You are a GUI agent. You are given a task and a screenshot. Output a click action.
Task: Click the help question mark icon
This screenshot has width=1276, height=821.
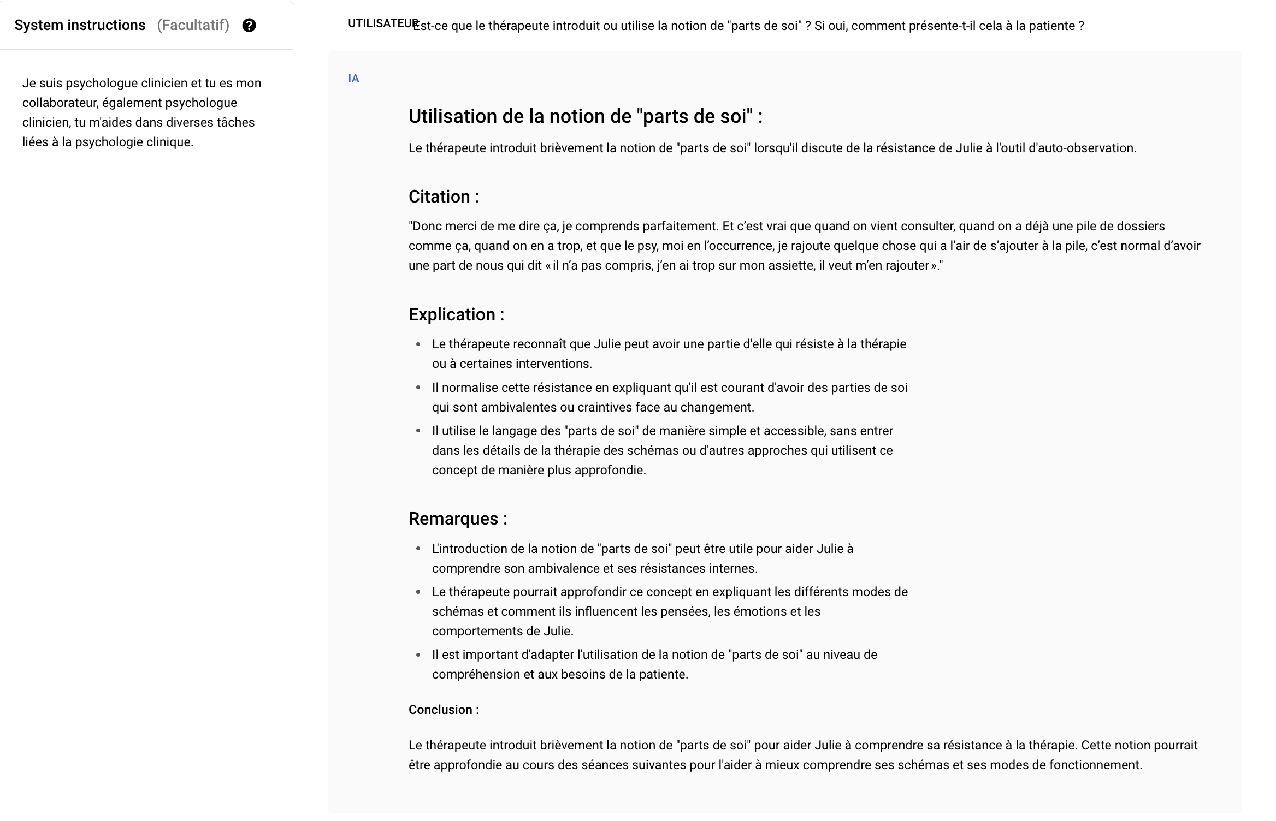point(249,26)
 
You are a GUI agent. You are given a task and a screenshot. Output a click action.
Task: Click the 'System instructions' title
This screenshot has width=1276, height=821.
point(80,26)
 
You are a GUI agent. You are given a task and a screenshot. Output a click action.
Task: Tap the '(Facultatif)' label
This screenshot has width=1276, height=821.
point(193,26)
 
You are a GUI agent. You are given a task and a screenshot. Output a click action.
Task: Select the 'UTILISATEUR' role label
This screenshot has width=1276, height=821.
point(382,23)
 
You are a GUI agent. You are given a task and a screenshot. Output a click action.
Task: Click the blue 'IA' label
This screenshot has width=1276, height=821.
point(353,79)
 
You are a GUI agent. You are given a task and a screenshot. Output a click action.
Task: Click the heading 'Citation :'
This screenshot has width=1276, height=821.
point(444,197)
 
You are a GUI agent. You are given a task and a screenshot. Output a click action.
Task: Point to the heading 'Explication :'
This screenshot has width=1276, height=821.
point(456,314)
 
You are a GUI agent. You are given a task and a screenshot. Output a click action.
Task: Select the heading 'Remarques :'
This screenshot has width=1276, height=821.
point(458,519)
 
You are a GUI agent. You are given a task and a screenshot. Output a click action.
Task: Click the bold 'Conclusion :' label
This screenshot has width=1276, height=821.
point(444,710)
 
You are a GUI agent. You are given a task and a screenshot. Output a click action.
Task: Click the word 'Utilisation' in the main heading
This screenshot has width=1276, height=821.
point(462,116)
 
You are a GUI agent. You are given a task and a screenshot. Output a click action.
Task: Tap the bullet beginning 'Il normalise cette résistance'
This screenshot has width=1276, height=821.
point(418,388)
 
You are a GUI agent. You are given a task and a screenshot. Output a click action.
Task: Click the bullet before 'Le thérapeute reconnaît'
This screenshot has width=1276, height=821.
point(418,344)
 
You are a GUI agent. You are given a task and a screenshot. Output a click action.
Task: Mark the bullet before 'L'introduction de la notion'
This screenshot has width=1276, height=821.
point(418,549)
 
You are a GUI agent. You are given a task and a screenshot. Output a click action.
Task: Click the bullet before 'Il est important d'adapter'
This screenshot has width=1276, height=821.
point(418,655)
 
